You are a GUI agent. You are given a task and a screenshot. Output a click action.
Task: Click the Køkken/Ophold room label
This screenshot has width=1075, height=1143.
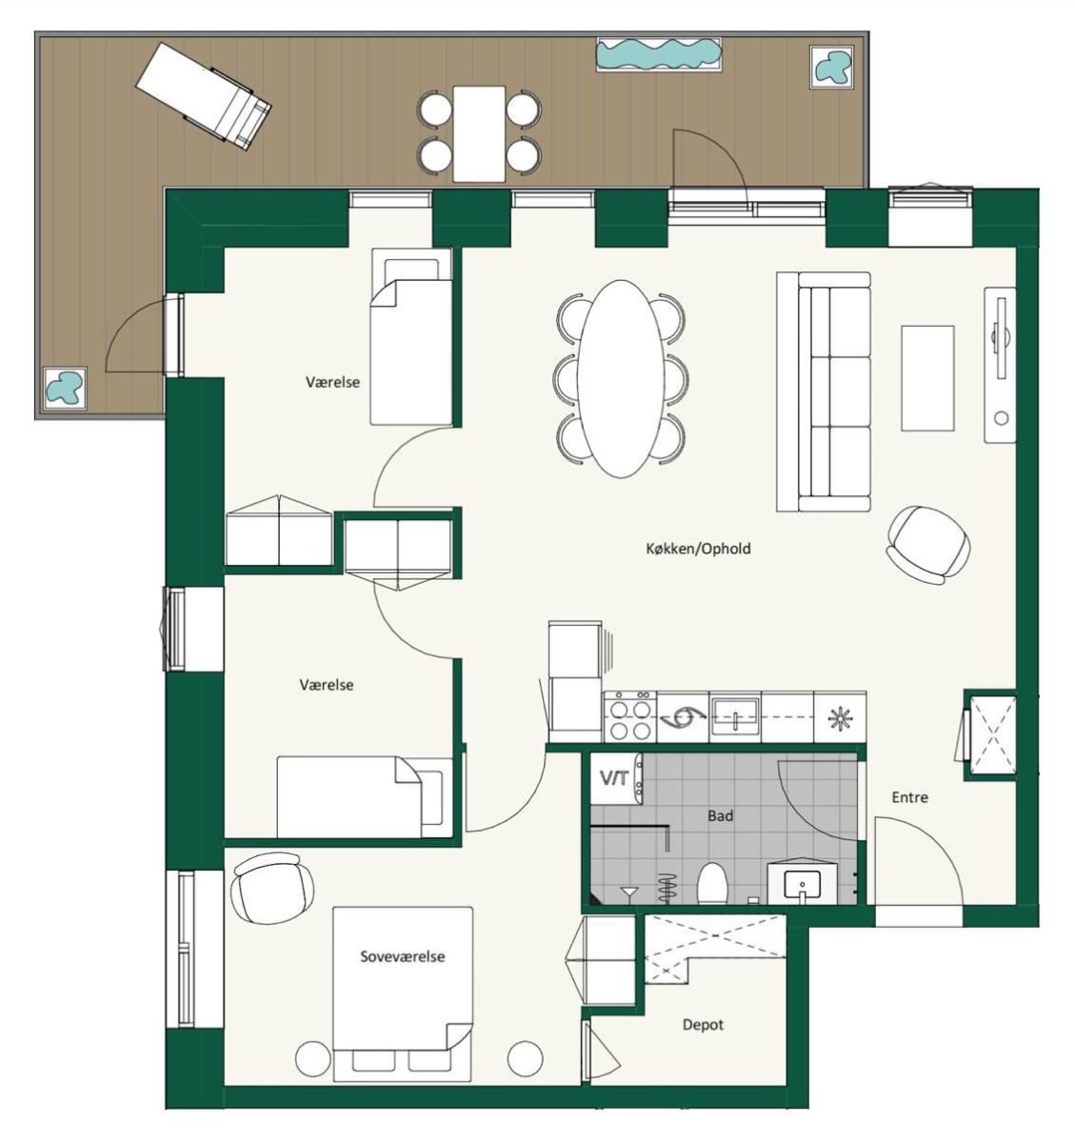coord(698,549)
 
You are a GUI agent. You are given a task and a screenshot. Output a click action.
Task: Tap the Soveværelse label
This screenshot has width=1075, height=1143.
coord(402,956)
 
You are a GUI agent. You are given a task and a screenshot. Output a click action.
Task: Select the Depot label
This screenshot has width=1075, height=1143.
coord(703,1025)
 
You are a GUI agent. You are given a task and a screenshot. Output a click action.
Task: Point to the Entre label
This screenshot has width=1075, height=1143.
coord(910,797)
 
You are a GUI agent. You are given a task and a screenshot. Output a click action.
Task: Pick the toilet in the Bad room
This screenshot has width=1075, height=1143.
coord(713,883)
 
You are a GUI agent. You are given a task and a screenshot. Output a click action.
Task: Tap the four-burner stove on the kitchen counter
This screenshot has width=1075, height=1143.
coord(630,717)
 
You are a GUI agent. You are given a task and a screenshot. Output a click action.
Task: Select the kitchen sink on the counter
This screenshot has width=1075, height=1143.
coord(735,717)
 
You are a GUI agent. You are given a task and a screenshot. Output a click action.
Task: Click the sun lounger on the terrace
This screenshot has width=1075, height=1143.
coord(203,96)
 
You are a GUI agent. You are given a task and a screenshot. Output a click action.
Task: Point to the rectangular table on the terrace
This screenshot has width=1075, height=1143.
coord(479,133)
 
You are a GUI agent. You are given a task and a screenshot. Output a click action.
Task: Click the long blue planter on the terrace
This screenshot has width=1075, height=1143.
coord(659,54)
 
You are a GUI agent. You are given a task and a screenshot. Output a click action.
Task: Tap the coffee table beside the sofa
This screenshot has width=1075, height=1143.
coord(927,378)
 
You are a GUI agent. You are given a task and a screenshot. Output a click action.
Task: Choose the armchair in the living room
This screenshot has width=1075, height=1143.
coord(928,545)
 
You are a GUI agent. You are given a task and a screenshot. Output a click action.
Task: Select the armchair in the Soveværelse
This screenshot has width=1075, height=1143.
coord(272,889)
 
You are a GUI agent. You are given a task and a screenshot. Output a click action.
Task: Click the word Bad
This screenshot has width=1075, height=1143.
coord(721,815)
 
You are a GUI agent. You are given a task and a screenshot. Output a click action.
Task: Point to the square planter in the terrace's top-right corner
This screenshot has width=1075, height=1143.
coord(831,67)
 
